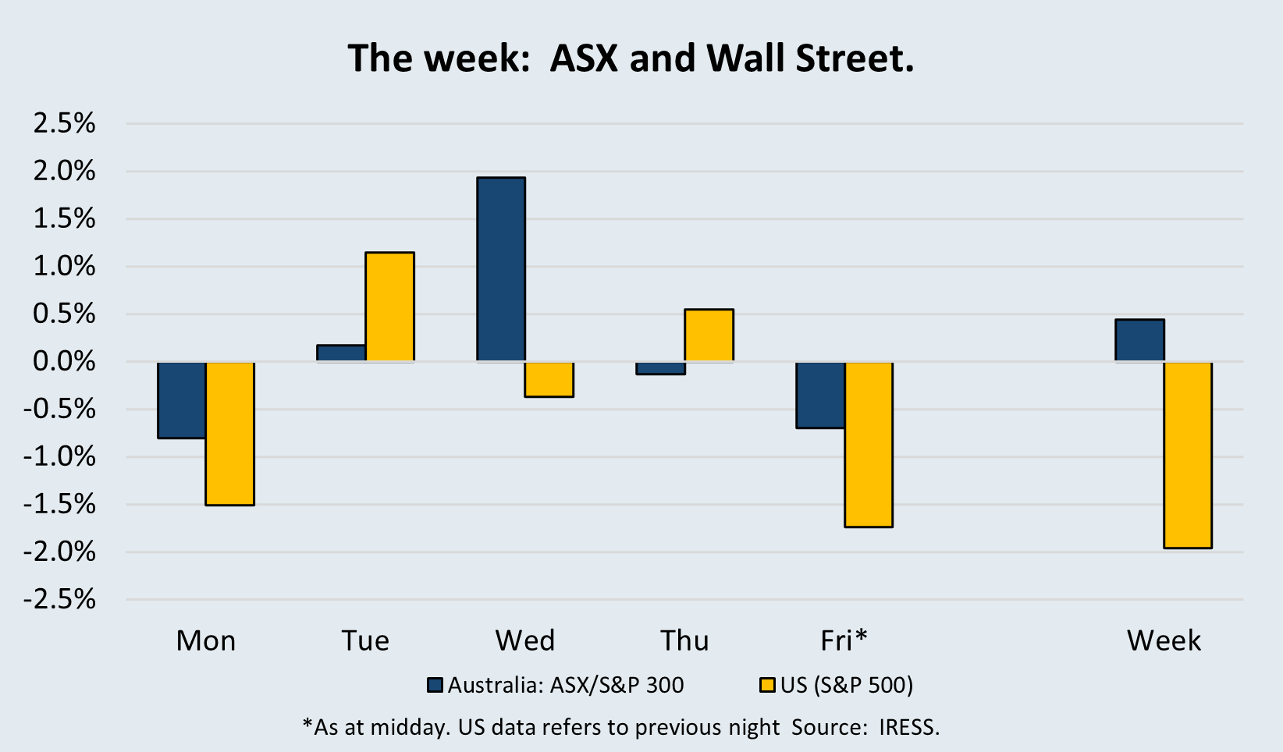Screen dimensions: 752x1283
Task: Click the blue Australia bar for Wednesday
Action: (501, 269)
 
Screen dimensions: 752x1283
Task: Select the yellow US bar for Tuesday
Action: (389, 307)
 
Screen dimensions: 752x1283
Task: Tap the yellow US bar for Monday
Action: (229, 433)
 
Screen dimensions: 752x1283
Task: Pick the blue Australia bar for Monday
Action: (182, 400)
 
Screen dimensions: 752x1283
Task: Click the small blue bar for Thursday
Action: (660, 368)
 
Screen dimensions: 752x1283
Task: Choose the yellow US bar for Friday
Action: (868, 444)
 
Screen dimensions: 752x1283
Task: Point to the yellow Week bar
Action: (1188, 455)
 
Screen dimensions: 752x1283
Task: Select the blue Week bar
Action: (1139, 340)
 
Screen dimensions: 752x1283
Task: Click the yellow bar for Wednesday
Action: (549, 379)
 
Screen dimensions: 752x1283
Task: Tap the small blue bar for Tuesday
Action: (341, 353)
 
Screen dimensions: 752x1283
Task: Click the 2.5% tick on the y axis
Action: (64, 123)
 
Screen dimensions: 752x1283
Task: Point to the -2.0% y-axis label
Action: (59, 552)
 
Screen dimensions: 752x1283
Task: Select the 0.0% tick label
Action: (64, 362)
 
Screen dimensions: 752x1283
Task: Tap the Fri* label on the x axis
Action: (844, 640)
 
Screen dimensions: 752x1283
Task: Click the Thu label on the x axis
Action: (684, 640)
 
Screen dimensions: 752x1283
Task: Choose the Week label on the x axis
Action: (1164, 640)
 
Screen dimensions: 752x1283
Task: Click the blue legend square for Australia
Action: (435, 686)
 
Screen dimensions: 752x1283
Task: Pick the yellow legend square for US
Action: (767, 686)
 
